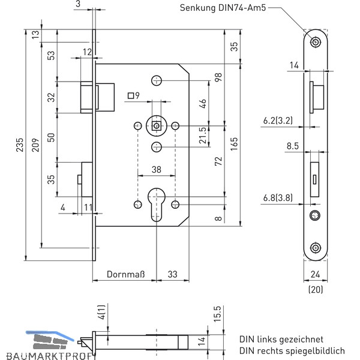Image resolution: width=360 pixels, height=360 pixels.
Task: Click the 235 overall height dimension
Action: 20,145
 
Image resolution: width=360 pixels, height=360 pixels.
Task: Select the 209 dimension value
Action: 35,145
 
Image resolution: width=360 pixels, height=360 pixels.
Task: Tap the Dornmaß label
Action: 126,274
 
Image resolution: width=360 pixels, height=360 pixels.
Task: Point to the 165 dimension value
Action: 234,144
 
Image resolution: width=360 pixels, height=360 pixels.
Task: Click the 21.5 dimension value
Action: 203,135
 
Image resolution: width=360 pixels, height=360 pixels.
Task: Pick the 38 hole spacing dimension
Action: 157,170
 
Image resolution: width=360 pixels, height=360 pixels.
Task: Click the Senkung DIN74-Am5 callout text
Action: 223,8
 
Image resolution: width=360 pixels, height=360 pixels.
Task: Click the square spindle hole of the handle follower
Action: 157,126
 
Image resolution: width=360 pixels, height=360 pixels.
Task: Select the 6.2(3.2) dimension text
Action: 278,121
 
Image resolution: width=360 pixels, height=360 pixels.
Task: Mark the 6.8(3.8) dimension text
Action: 278,197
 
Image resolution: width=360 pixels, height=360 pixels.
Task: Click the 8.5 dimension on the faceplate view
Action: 293,146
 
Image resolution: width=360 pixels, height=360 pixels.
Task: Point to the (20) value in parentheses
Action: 316,289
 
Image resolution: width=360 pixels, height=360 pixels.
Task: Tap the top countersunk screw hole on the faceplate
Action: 316,42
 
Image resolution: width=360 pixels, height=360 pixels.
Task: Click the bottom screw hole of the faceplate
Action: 316,248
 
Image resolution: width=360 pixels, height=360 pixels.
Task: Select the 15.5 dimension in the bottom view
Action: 217,314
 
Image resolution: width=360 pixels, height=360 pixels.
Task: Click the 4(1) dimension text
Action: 101,312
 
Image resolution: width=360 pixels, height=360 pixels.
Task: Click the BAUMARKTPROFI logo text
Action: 51,356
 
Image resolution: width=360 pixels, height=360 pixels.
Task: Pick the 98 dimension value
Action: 218,77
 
